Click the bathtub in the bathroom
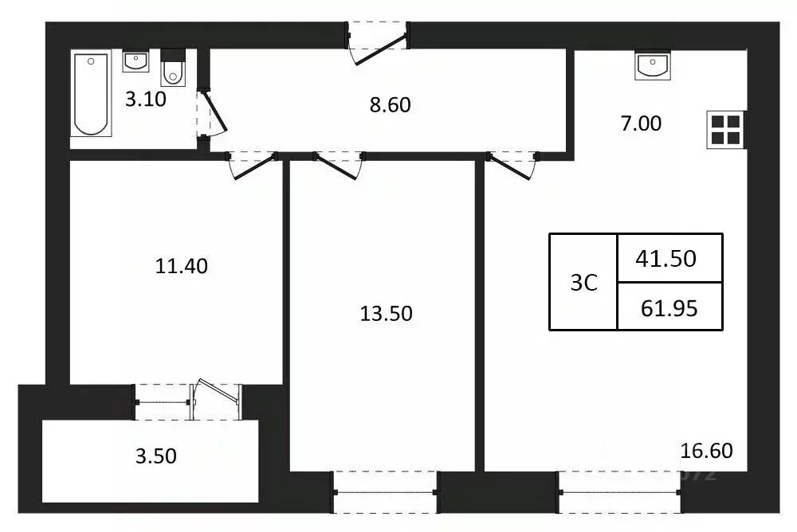[90, 93]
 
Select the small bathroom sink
[135, 61]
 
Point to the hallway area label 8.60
[391, 104]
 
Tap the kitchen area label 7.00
[641, 123]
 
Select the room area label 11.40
[182, 266]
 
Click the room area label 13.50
[386, 314]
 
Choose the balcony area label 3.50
[155, 456]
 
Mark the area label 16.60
[707, 452]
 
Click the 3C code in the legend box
[583, 283]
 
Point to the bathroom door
[210, 115]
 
